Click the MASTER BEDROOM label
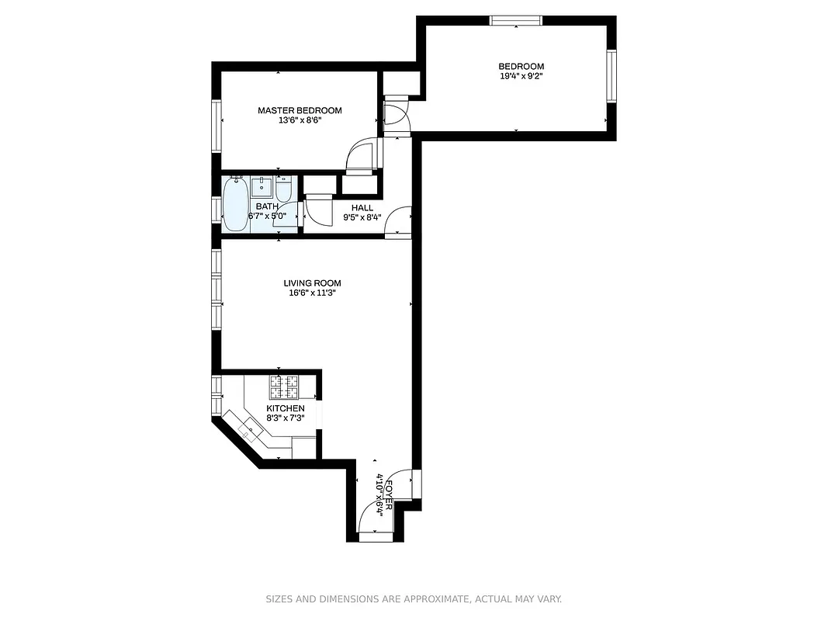click(300, 110)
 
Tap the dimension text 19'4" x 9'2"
click(521, 76)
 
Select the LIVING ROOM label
click(312, 283)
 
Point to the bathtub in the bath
click(235, 204)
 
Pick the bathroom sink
click(262, 187)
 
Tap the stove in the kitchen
click(284, 386)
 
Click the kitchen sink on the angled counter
click(250, 428)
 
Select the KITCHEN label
click(286, 408)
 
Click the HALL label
click(362, 208)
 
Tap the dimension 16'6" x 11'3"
click(312, 293)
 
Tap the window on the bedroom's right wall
click(611, 75)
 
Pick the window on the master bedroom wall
click(217, 123)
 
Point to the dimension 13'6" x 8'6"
click(300, 120)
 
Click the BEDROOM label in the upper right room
click(521, 67)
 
